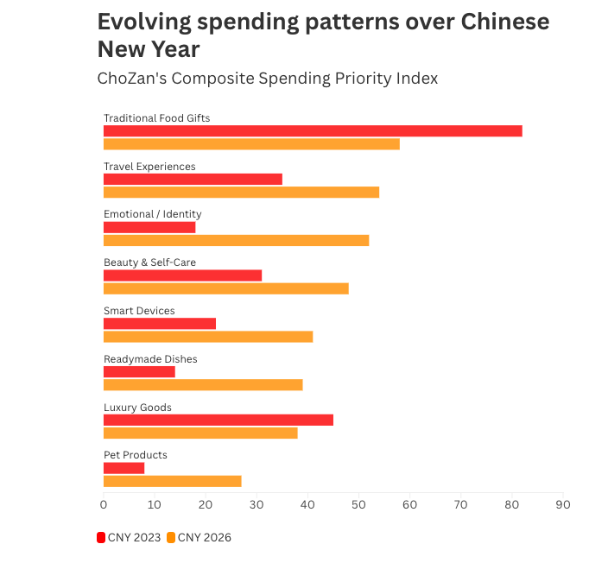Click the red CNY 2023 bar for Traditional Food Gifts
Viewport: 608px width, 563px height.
pyautogui.click(x=313, y=131)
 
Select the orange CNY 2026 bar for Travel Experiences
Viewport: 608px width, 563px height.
pyautogui.click(x=241, y=192)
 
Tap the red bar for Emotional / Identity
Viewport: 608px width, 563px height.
pyautogui.click(x=149, y=227)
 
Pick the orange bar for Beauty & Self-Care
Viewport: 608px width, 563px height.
pyautogui.click(x=225, y=288)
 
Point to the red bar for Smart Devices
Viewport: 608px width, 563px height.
pyautogui.click(x=160, y=324)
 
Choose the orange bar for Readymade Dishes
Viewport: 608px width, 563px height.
pyautogui.click(x=203, y=384)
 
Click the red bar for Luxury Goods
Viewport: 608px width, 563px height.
pyautogui.click(x=218, y=420)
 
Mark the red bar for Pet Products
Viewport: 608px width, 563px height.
pyautogui.click(x=123, y=468)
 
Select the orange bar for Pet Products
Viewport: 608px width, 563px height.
pyautogui.click(x=172, y=481)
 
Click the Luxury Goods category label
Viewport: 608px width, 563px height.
pyautogui.click(x=137, y=407)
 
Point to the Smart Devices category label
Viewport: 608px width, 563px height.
pyautogui.click(x=139, y=311)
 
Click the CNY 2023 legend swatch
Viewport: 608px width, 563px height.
pyautogui.click(x=101, y=537)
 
